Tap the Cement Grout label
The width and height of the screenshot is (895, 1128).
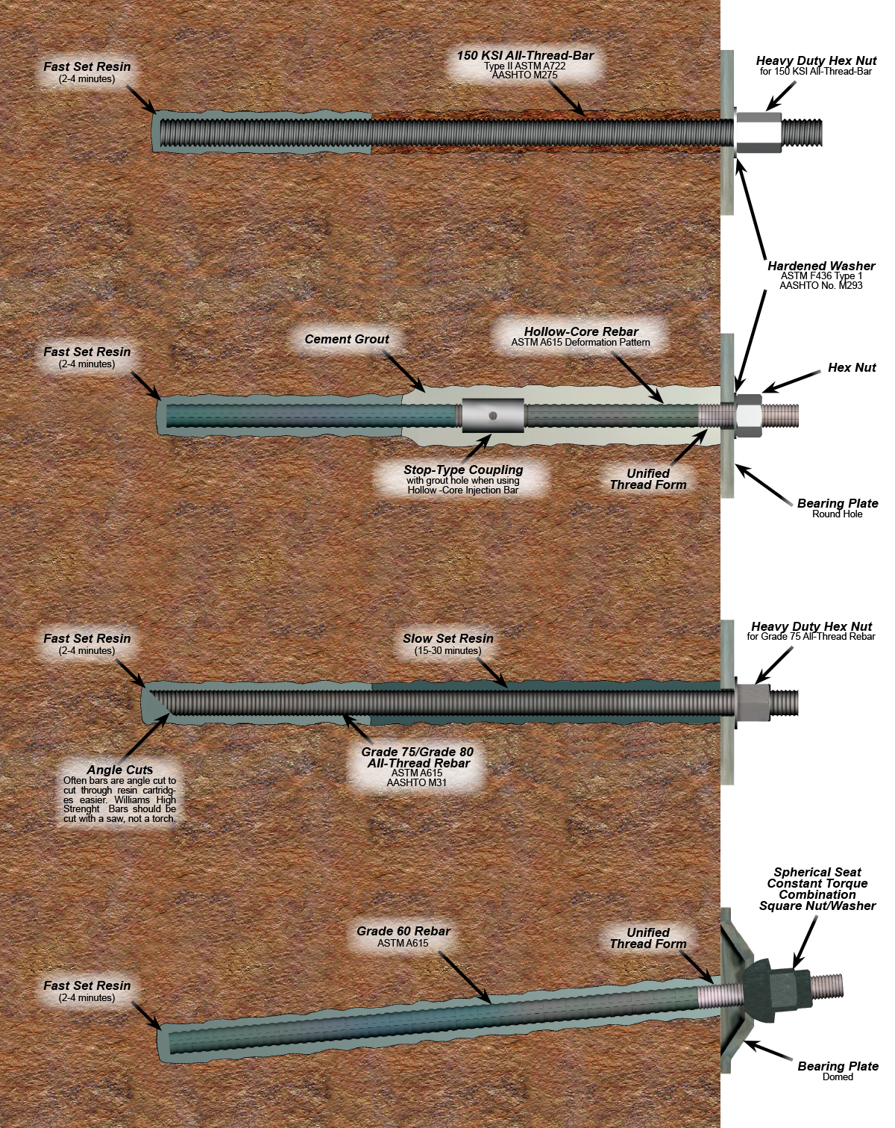(347, 339)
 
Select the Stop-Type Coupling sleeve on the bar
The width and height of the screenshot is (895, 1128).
(493, 415)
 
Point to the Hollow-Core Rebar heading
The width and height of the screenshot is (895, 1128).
(581, 331)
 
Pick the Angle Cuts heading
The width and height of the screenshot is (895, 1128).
(120, 770)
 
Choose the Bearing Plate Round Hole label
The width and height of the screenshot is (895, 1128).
(838, 508)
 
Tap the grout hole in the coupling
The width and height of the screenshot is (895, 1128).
(493, 416)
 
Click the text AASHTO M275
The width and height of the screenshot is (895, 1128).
(525, 75)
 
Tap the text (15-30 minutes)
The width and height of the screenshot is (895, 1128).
(447, 650)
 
